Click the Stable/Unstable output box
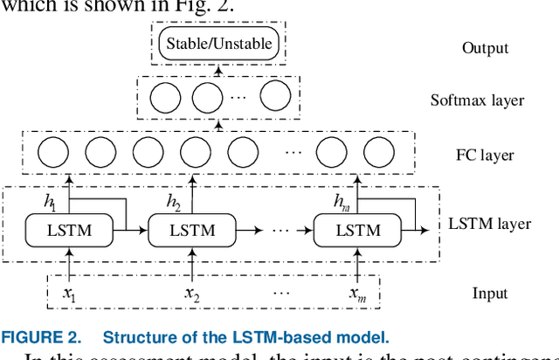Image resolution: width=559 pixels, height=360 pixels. pos(219,43)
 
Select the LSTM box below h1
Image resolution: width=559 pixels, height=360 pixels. pos(69,231)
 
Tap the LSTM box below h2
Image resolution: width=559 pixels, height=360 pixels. pos(191,231)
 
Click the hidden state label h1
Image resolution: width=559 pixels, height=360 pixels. pos(50,200)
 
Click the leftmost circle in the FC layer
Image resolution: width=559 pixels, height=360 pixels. pos(53,155)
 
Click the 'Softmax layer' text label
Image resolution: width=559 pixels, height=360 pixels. pos(477,100)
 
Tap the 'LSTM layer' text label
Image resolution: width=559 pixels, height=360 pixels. pos(489,224)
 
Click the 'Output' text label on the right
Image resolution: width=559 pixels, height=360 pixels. pos(485,47)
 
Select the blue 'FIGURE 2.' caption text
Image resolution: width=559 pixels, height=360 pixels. pos(44,337)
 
